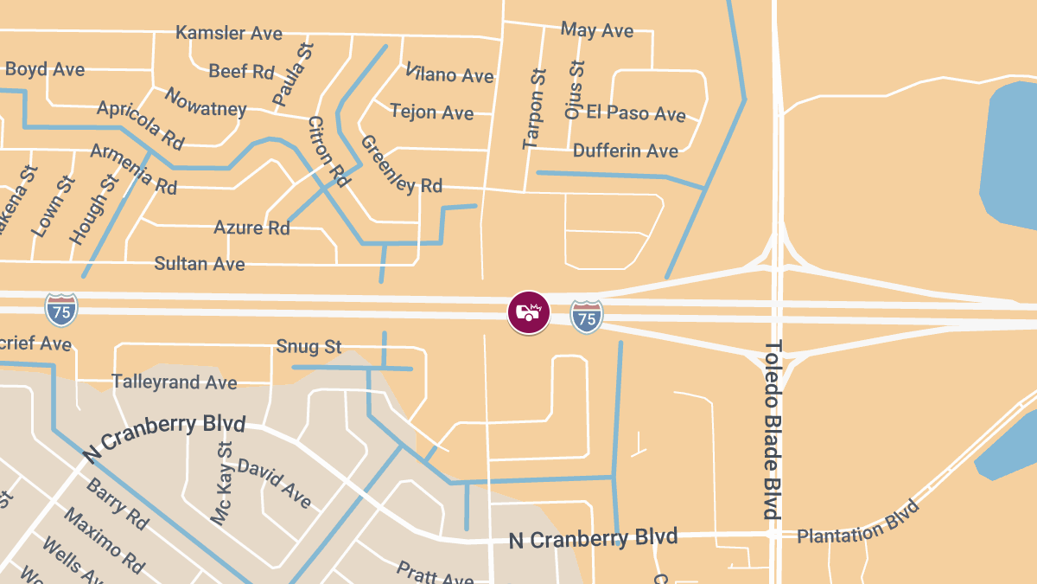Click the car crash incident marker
(x=528, y=312)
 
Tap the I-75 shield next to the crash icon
(x=587, y=318)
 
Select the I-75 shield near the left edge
(x=61, y=310)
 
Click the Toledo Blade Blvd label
(x=773, y=429)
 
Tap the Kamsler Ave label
(x=229, y=34)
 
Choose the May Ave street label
(x=597, y=30)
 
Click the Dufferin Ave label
(x=626, y=151)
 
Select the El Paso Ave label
(x=636, y=113)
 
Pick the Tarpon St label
(x=536, y=109)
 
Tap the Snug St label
(x=309, y=347)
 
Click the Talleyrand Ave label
(x=175, y=382)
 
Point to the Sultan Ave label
(x=200, y=264)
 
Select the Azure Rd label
(x=252, y=228)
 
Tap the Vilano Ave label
(x=449, y=74)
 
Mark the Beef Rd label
(x=242, y=72)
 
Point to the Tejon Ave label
(x=432, y=112)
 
